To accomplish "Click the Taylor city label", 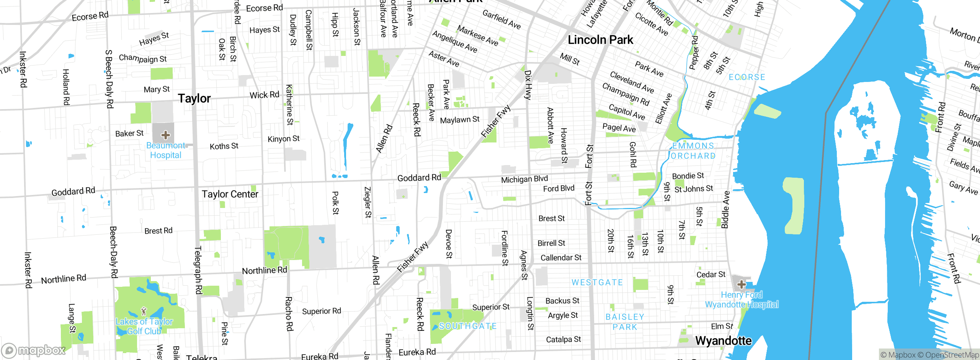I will coord(194,98).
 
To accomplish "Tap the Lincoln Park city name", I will coord(600,40).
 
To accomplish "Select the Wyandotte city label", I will coord(723,340).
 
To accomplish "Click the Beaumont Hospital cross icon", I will coord(165,135).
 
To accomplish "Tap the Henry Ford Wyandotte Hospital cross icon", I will coord(741,284).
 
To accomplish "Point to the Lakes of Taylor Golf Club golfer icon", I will coord(144,311).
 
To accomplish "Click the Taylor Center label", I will coord(230,194).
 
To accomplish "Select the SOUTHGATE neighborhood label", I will coord(467,326).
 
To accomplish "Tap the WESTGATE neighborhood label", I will coord(597,283).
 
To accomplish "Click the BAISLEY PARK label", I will coord(625,322).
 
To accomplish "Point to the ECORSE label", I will coord(747,77).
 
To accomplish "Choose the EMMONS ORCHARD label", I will coord(693,151).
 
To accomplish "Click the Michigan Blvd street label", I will coord(524,179).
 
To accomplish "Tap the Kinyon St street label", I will coord(283,139).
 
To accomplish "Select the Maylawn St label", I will coord(459,120).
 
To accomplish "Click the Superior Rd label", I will coord(321,311).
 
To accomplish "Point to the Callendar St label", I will coord(561,258).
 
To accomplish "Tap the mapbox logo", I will coord(34,350).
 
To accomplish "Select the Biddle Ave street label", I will coord(725,210).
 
